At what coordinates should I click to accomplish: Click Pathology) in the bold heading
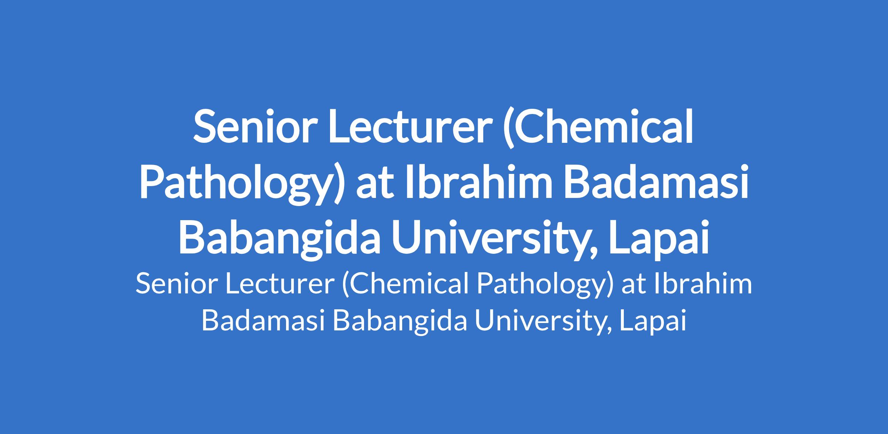coord(240,183)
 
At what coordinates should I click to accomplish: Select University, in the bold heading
coord(495,240)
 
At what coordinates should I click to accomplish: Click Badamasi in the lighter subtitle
coord(263,320)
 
